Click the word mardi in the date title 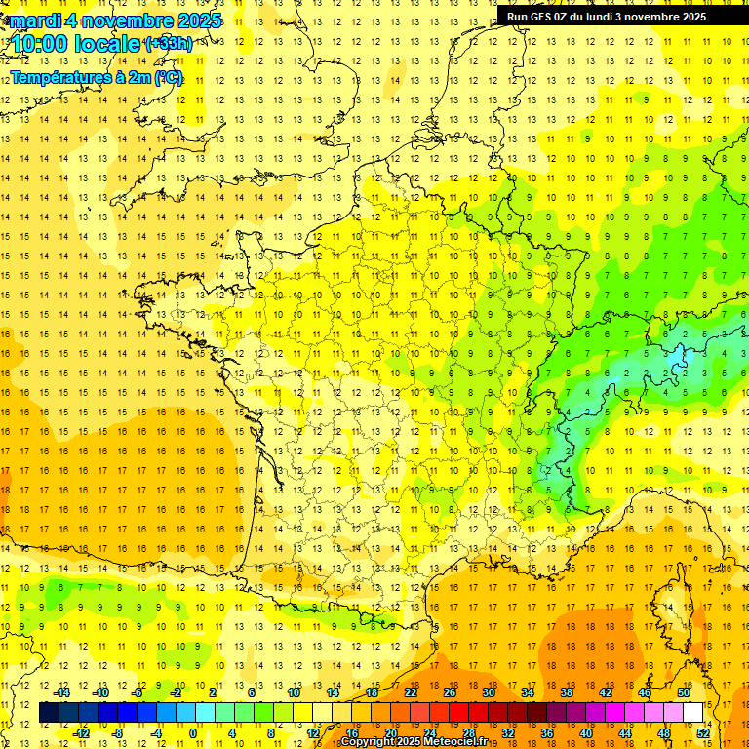tap(30, 20)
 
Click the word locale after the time tap(111, 44)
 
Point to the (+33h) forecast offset tap(169, 44)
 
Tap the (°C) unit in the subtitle tap(167, 78)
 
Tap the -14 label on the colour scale tap(62, 692)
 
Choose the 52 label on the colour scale tap(703, 733)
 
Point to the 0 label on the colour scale tap(192, 733)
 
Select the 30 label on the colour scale tap(488, 692)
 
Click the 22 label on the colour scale tap(411, 692)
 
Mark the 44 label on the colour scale tap(625, 733)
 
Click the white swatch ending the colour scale tap(693, 713)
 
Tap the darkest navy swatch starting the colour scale tap(49, 713)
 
